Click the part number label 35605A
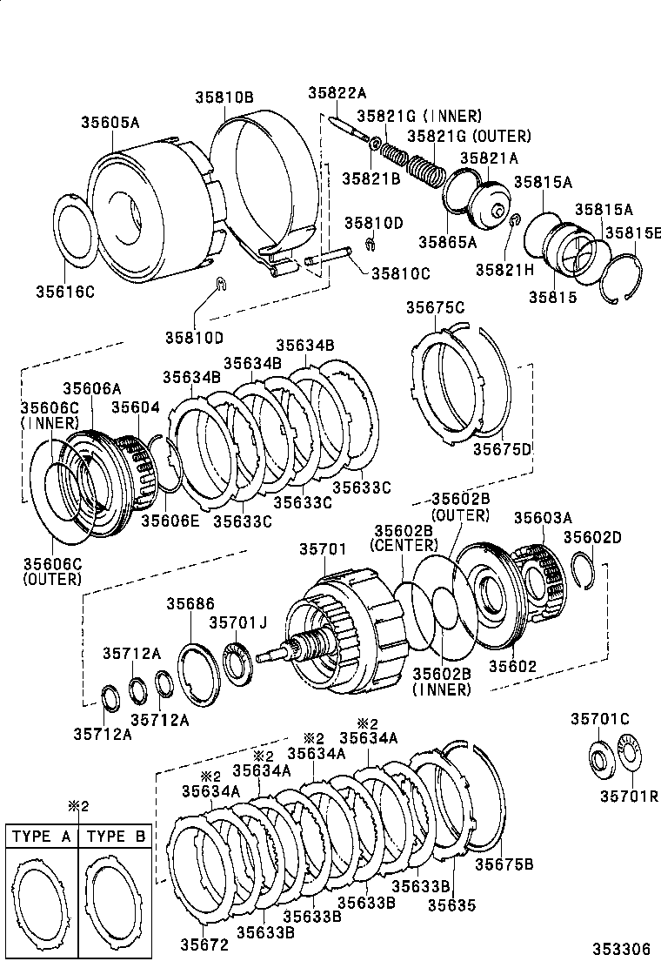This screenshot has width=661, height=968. (x=110, y=123)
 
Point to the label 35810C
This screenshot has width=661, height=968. (x=401, y=272)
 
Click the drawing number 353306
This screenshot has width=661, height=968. (x=622, y=949)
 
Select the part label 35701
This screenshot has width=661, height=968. (x=323, y=549)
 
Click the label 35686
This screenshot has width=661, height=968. (x=190, y=603)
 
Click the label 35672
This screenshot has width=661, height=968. (x=204, y=944)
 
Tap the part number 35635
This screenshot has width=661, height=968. (x=451, y=904)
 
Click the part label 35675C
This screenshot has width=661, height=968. (x=435, y=306)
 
